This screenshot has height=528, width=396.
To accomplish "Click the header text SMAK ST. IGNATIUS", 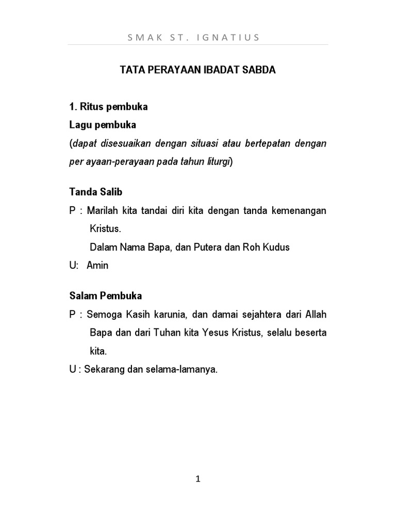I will point(198,37).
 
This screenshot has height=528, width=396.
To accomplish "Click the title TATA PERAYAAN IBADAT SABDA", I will point(198,71).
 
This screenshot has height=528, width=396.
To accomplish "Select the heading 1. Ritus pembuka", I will point(109,107).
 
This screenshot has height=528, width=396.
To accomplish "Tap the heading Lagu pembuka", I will point(103,125).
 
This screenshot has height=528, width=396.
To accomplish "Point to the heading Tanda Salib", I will point(96,192).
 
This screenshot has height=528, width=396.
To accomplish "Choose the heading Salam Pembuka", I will point(106,296).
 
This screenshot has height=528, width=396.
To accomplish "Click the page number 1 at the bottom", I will point(198,479).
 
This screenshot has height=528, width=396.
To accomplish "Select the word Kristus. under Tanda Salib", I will point(105,228).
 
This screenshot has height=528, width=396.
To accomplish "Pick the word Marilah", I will point(103,210).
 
